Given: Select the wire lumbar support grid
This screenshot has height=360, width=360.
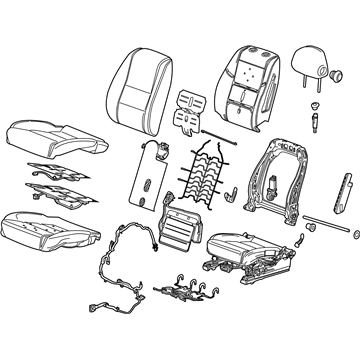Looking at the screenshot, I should pos(205,179).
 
